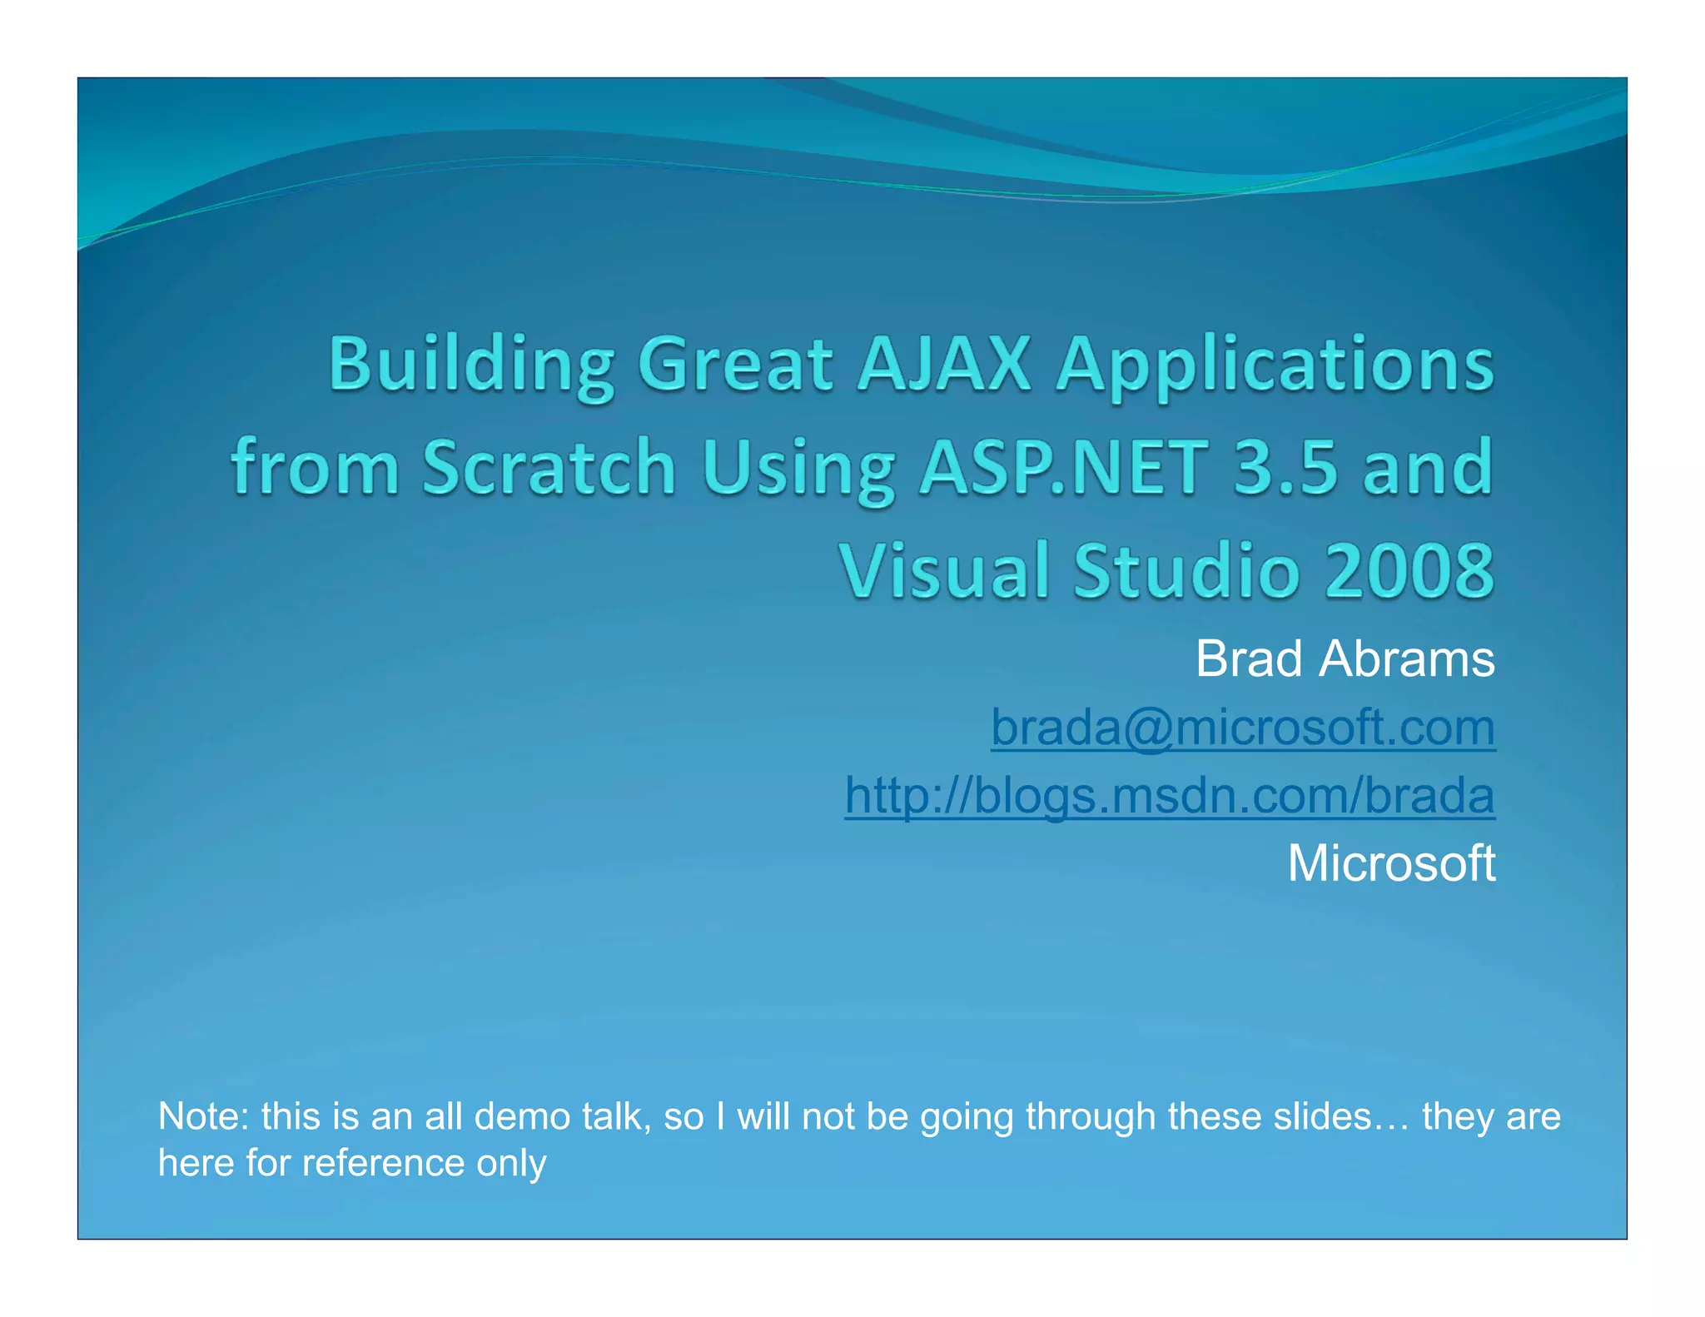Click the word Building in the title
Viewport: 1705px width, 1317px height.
471,365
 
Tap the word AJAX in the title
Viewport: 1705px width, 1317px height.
944,365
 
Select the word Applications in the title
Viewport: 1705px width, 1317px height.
1275,365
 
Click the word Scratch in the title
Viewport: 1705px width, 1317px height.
549,468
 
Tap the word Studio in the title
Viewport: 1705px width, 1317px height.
1186,571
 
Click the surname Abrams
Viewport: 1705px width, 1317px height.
1407,659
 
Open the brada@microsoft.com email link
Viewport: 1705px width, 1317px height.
1242,728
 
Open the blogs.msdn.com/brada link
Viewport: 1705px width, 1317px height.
1170,795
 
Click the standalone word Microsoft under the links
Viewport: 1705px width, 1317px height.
1391,863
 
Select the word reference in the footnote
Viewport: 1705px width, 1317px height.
382,1164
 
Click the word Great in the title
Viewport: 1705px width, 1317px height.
734,365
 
